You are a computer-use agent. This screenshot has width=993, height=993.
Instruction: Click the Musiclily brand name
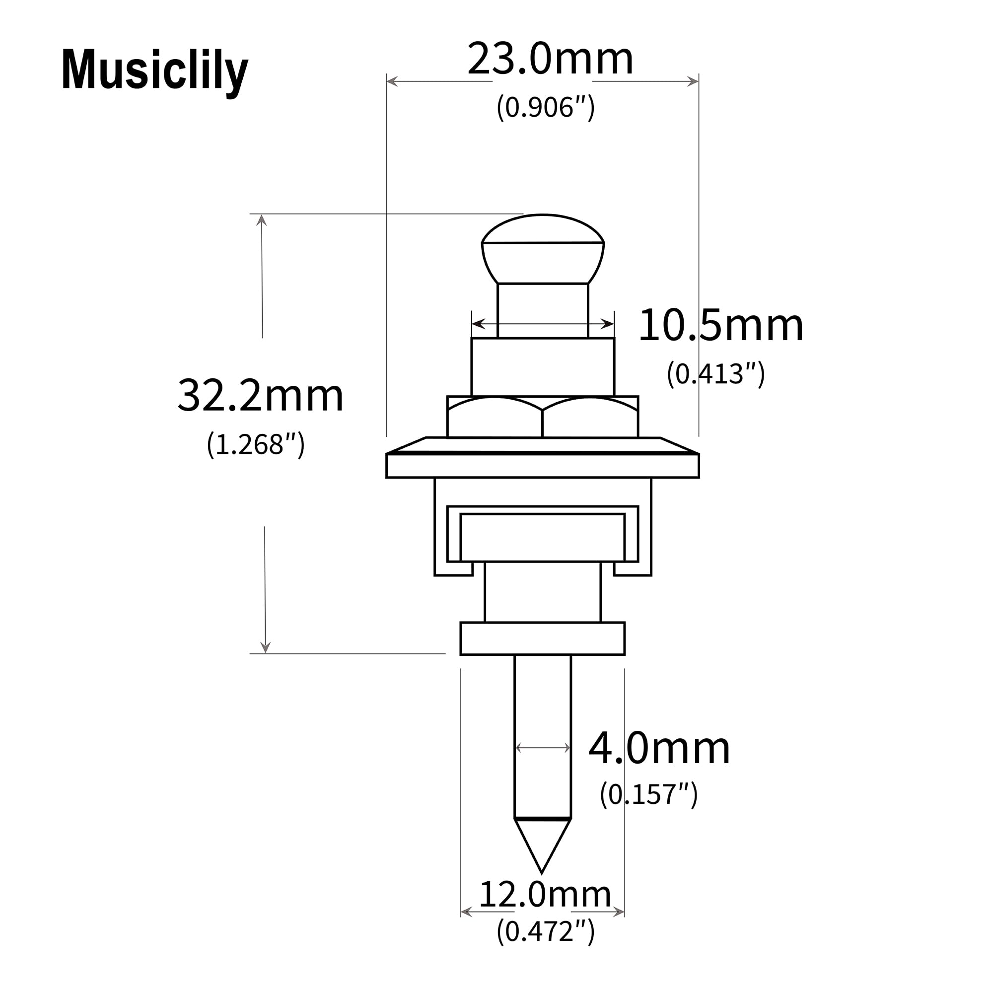click(154, 71)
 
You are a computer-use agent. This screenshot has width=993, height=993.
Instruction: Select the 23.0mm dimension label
click(550, 59)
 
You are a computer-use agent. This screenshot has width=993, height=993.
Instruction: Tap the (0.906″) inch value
click(545, 107)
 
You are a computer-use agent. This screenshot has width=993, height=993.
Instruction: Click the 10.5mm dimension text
click(720, 325)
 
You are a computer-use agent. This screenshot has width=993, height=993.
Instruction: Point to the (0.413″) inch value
click(715, 374)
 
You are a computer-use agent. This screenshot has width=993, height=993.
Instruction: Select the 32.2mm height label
click(261, 395)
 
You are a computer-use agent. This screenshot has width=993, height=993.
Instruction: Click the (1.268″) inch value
click(255, 444)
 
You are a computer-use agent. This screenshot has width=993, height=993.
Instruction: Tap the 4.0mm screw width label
click(659, 748)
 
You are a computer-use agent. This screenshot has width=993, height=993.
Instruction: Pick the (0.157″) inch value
click(648, 794)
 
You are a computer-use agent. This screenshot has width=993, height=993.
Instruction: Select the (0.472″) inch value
click(545, 931)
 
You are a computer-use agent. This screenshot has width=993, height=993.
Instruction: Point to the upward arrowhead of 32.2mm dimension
click(261, 220)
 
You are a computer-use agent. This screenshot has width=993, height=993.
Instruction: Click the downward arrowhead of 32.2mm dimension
click(265, 647)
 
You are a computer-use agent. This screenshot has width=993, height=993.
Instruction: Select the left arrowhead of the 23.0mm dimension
click(392, 81)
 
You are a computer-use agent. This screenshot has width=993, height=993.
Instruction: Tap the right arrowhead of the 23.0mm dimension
click(693, 81)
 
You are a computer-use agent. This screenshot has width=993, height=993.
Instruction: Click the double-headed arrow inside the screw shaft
click(543, 748)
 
